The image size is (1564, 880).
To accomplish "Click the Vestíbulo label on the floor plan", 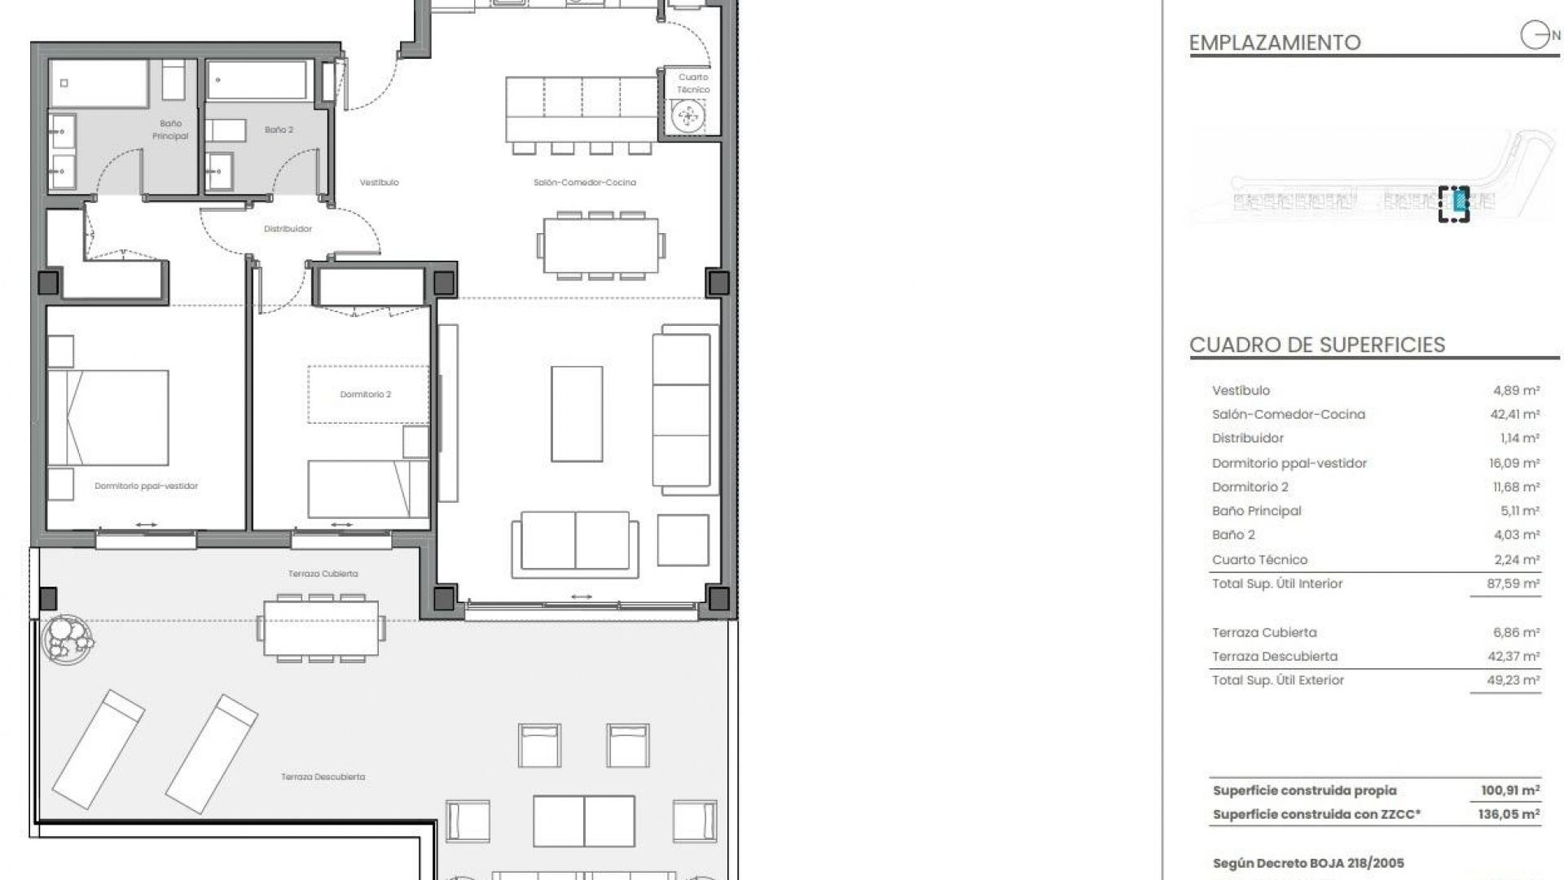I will (379, 183).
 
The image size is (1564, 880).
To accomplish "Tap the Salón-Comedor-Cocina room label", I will (584, 183).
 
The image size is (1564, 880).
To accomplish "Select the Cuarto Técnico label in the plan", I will (693, 83).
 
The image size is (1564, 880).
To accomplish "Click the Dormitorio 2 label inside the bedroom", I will (365, 394).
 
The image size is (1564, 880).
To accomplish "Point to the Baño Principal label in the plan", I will (170, 130).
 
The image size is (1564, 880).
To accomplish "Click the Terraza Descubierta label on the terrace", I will (323, 777).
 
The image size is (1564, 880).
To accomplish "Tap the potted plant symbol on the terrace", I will (68, 637).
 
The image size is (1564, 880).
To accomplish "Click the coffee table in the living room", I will (577, 414).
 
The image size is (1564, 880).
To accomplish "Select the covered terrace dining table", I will (321, 627).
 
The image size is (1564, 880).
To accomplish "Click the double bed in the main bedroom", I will (108, 418).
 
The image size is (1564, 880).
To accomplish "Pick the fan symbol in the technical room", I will (688, 116).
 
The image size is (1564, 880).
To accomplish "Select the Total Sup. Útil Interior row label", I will (1276, 583).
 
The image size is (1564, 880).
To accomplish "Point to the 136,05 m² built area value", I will (1509, 814).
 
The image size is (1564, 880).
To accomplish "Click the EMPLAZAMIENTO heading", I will (1275, 42).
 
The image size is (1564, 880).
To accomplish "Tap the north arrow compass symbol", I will (1535, 36).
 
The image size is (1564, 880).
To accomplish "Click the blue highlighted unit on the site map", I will (1461, 199).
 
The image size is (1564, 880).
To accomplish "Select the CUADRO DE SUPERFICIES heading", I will (1317, 345).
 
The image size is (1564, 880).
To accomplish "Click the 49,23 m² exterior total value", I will (1513, 680).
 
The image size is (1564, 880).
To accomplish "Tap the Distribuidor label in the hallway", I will (288, 229).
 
